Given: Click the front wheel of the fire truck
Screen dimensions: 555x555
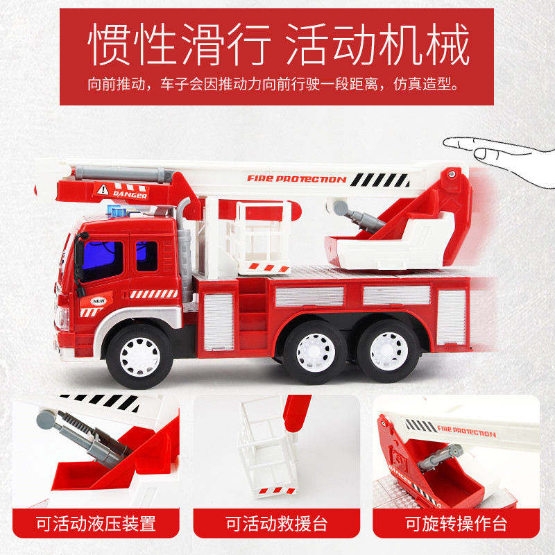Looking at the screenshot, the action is (x=139, y=357).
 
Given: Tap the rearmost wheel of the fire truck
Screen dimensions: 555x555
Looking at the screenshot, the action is (x=388, y=351).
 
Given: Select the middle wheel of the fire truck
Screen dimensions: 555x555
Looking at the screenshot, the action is (x=315, y=352).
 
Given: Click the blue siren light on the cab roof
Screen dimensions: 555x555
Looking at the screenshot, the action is (x=117, y=212).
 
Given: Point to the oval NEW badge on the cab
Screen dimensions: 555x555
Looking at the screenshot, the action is (x=99, y=301).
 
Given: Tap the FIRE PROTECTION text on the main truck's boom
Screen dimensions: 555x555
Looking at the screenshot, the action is (x=296, y=179).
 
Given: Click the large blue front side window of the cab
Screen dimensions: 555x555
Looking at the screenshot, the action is (x=103, y=260).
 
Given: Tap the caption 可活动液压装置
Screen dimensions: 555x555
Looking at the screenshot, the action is (x=96, y=524).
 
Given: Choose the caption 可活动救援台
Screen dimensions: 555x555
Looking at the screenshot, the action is (x=276, y=524).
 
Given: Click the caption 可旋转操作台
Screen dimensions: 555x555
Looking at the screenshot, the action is (x=456, y=524).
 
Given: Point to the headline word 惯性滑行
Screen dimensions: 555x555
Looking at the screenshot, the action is (x=179, y=44).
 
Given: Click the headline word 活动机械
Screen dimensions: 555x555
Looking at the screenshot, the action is (x=377, y=44).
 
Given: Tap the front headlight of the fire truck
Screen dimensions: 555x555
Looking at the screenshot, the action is (x=62, y=317).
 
